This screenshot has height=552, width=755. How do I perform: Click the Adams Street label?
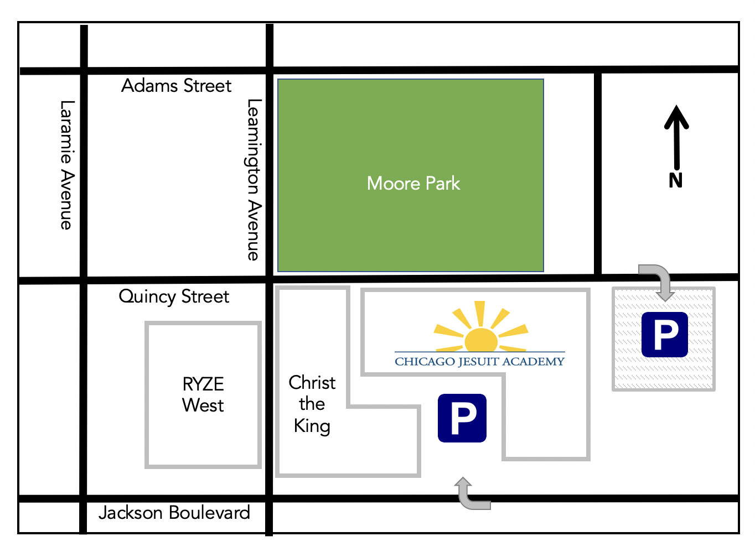coord(176,86)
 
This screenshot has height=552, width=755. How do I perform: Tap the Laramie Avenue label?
coord(66,165)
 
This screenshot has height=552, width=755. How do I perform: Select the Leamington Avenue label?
coord(253,180)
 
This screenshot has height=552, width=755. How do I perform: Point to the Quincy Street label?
coord(174,296)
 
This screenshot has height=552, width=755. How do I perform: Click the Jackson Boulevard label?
coord(174,513)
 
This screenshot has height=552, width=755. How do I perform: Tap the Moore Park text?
coord(413,183)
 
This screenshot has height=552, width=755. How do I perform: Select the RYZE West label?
coord(203,394)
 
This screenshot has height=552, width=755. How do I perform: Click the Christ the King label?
coord(312,404)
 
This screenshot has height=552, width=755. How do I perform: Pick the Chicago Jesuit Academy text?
coord(479,362)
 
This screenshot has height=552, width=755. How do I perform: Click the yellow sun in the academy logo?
coord(480,339)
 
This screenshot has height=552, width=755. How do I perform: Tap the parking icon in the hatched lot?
coord(664,335)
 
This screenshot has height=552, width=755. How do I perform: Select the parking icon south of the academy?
coord(462,418)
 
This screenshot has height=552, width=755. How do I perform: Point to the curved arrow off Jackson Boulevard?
coord(470,493)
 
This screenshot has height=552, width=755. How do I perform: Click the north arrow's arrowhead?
coord(676,117)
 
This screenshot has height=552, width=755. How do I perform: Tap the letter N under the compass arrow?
coord(675,180)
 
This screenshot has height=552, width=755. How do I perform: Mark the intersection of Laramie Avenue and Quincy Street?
coord(84,280)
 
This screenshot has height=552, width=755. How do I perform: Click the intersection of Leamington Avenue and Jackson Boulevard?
coord(270,499)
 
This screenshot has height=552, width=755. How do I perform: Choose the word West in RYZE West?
coord(203,405)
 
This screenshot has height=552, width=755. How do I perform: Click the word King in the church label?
coord(312,426)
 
